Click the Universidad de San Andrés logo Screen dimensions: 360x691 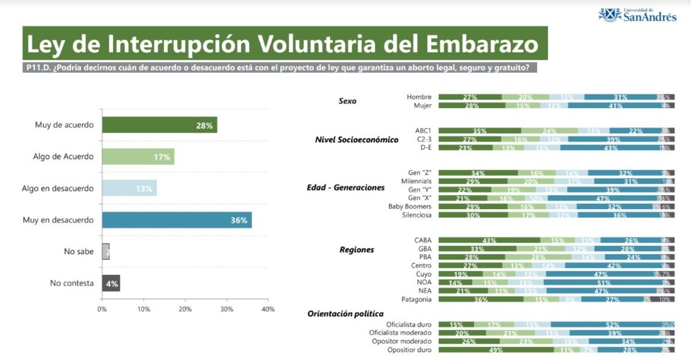coord(637,15)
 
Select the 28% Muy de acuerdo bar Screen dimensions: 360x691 coord(160,125)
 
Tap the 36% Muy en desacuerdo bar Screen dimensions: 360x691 coord(177,220)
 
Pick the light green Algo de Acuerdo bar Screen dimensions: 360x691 coord(138,157)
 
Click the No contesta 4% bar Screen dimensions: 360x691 coord(111,283)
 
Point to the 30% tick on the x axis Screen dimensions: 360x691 coord(227,309)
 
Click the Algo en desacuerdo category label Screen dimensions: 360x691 coord(58,188)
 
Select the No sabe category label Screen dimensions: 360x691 coord(78,252)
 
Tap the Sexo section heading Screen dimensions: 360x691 coord(347,101)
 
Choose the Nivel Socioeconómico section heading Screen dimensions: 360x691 coord(357,139)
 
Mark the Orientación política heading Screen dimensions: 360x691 coord(345,314)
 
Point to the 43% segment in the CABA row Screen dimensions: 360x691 coord(489,240)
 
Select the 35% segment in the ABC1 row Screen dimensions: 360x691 coord(480,131)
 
